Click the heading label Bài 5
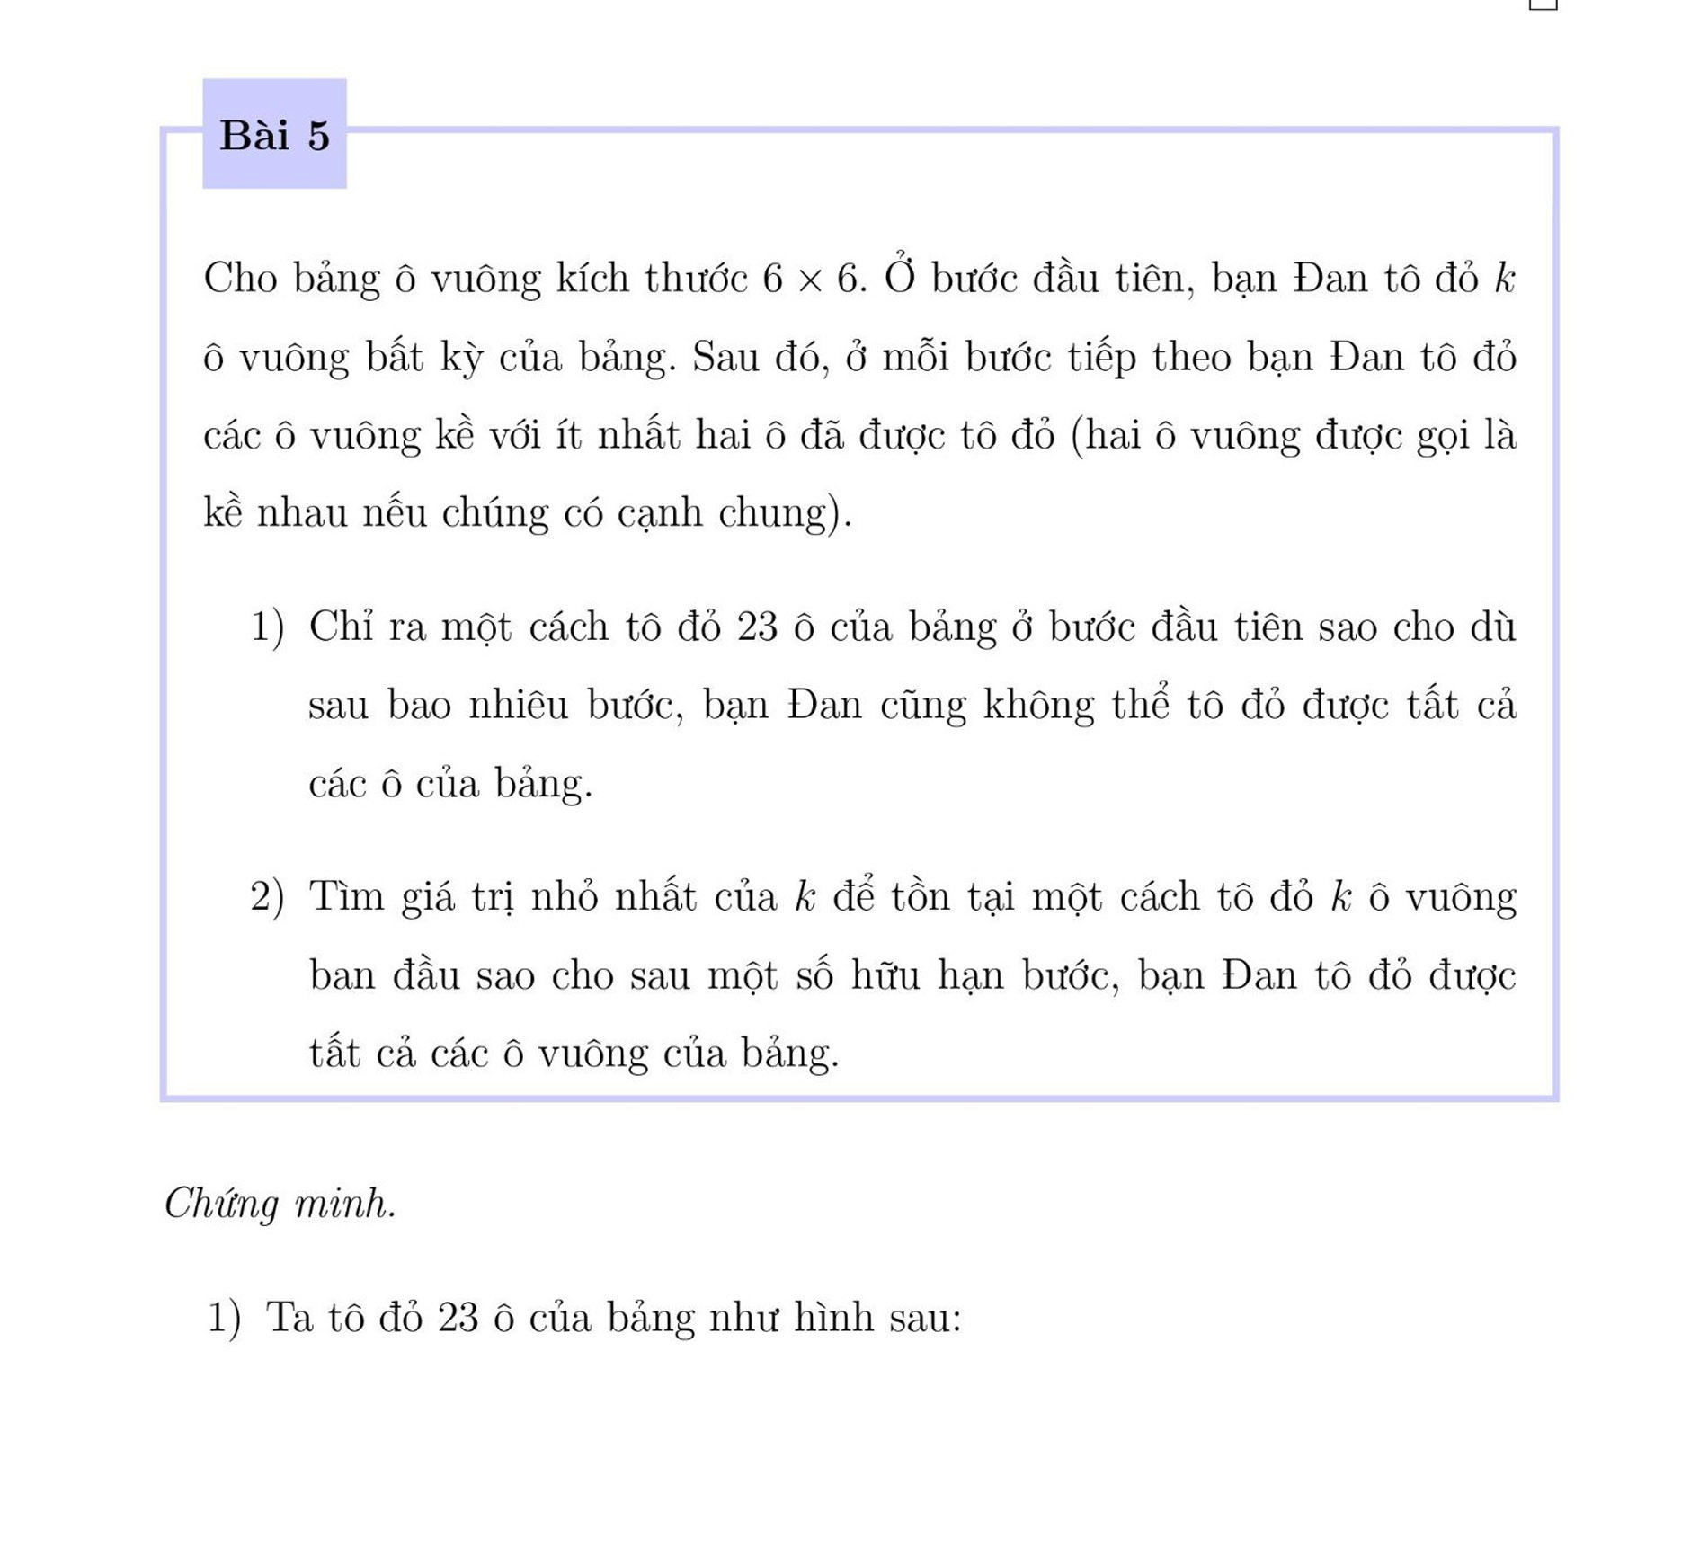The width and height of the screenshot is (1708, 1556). pos(274,136)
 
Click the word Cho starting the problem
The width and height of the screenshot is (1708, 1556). pos(240,278)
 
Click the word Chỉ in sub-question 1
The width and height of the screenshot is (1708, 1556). pos(341,627)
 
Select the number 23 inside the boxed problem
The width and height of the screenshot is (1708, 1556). pos(757,627)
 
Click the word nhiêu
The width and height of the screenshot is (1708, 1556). pos(518,705)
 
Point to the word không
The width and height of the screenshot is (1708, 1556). pos(1038,706)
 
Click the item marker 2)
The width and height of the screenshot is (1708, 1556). pos(267,897)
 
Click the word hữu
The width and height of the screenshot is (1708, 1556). pos(885,975)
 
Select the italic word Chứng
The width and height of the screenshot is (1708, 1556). pos(221,1205)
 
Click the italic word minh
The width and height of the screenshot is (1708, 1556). pos(344,1203)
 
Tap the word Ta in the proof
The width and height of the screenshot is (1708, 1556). pos(289,1318)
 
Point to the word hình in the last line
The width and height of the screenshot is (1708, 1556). pos(832,1318)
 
